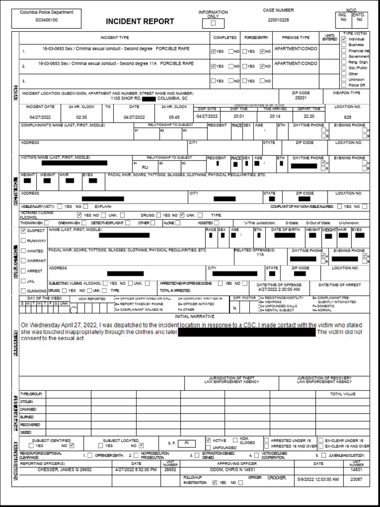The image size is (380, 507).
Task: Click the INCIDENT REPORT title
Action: point(140,21)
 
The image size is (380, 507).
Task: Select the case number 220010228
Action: point(278,20)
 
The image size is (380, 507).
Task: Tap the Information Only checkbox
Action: point(214,23)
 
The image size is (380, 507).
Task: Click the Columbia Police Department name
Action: point(47,12)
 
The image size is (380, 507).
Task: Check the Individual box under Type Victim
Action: point(344,39)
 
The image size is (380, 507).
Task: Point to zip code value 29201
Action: point(301,98)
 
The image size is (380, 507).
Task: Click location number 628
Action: point(347,117)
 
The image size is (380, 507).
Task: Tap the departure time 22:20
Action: point(309,116)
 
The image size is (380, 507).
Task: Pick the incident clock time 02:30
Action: point(82,117)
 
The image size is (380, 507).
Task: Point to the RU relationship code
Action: point(145,167)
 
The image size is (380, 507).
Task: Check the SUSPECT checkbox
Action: point(23,231)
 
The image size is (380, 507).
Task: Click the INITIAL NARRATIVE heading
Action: point(195,316)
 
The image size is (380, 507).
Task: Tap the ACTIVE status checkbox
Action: point(208,440)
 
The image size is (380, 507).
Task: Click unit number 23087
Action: point(357,479)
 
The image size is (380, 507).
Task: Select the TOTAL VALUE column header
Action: point(343,394)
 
